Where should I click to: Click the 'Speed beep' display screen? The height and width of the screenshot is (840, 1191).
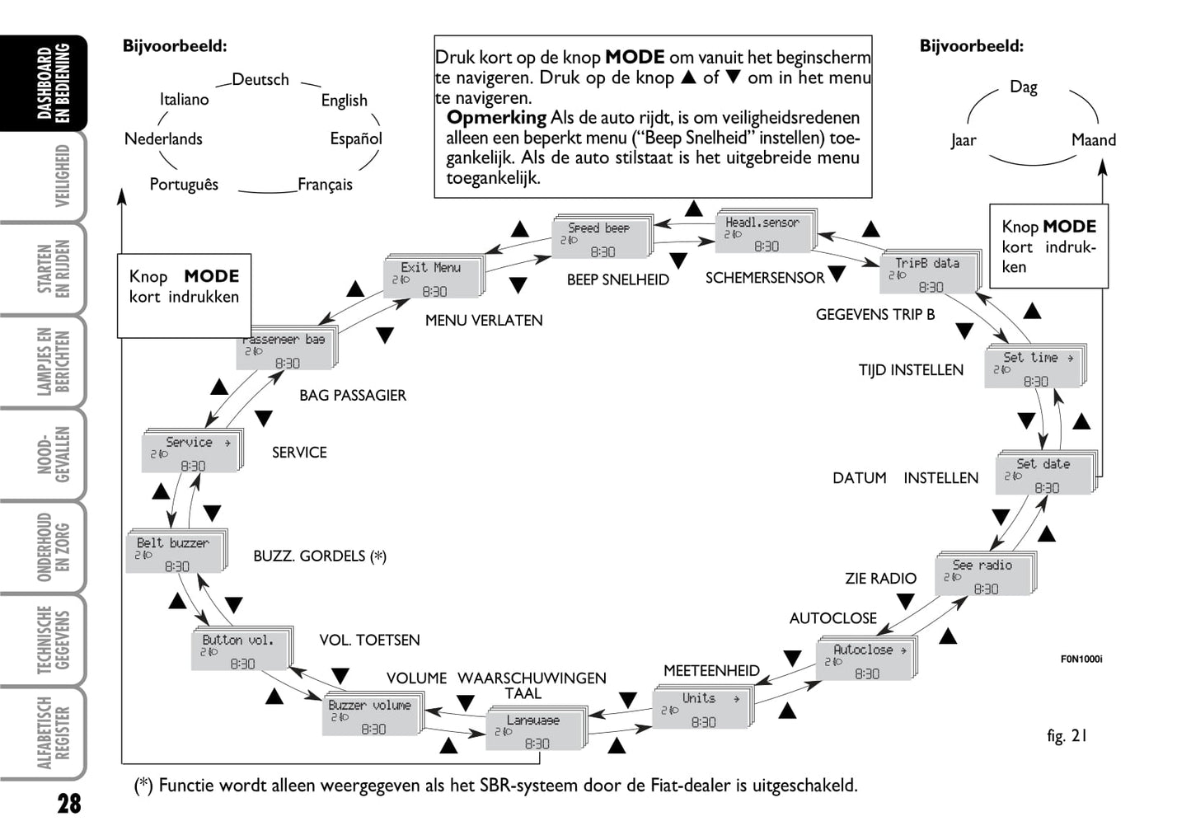pyautogui.click(x=601, y=238)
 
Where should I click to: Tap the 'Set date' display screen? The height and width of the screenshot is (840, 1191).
pyautogui.click(x=1045, y=475)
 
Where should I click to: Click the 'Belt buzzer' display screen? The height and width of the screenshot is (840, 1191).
pyautogui.click(x=175, y=553)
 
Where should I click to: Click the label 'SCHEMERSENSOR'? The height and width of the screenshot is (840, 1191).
pyautogui.click(x=764, y=279)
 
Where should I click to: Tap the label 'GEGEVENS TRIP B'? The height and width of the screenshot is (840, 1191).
pyautogui.click(x=874, y=315)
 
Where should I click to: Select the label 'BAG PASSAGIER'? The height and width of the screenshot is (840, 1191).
pyautogui.click(x=352, y=396)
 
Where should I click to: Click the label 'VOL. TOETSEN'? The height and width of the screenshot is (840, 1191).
pyautogui.click(x=369, y=641)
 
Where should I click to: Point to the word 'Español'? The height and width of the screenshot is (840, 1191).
pyautogui.click(x=356, y=139)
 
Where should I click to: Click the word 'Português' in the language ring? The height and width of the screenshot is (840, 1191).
pyautogui.click(x=184, y=185)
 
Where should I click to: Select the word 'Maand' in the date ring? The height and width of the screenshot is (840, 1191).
pyautogui.click(x=1093, y=140)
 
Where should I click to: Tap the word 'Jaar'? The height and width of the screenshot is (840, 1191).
pyautogui.click(x=963, y=140)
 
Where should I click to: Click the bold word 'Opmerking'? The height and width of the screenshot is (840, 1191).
pyautogui.click(x=496, y=118)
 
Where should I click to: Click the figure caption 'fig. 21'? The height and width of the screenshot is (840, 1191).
pyautogui.click(x=1067, y=736)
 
